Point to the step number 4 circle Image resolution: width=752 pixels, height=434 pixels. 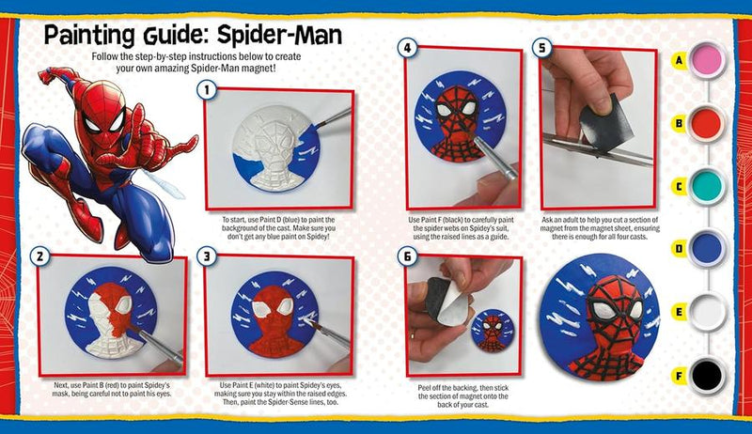[406, 47]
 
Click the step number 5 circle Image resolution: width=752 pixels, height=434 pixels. [540, 47]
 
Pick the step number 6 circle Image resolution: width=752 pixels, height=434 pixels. [406, 256]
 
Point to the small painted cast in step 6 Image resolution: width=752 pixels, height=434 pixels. [490, 330]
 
